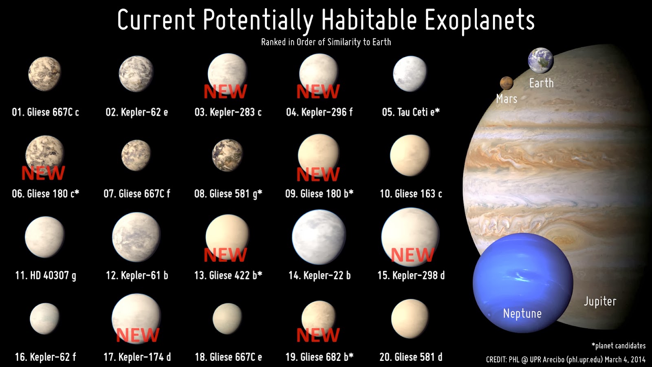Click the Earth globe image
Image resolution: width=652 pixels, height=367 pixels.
click(540, 60)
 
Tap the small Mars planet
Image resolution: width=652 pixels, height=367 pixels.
click(506, 83)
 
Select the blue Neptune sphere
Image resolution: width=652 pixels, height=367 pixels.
click(523, 283)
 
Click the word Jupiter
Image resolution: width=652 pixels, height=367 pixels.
click(600, 301)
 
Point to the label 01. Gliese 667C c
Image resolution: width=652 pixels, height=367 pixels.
click(45, 112)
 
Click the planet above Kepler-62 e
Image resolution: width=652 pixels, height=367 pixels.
click(136, 74)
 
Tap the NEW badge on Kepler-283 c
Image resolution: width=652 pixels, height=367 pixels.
click(225, 92)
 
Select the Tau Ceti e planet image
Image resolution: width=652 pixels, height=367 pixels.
click(410, 74)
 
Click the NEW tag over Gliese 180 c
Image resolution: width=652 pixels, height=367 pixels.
click(43, 173)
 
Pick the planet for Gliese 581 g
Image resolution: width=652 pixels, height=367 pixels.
click(227, 155)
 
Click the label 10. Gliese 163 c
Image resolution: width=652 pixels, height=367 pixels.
click(411, 194)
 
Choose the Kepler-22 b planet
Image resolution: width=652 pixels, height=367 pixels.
click(319, 237)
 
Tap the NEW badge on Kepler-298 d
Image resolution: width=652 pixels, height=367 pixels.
click(412, 255)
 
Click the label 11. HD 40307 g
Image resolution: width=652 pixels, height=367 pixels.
click(45, 276)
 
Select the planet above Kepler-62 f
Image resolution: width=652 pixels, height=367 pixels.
click(44, 318)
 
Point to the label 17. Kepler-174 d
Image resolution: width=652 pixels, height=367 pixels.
click(137, 357)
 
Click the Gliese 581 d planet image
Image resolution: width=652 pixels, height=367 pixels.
click(410, 318)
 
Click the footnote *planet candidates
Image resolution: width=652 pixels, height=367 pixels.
click(618, 346)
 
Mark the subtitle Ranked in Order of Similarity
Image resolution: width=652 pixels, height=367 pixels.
click(326, 42)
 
